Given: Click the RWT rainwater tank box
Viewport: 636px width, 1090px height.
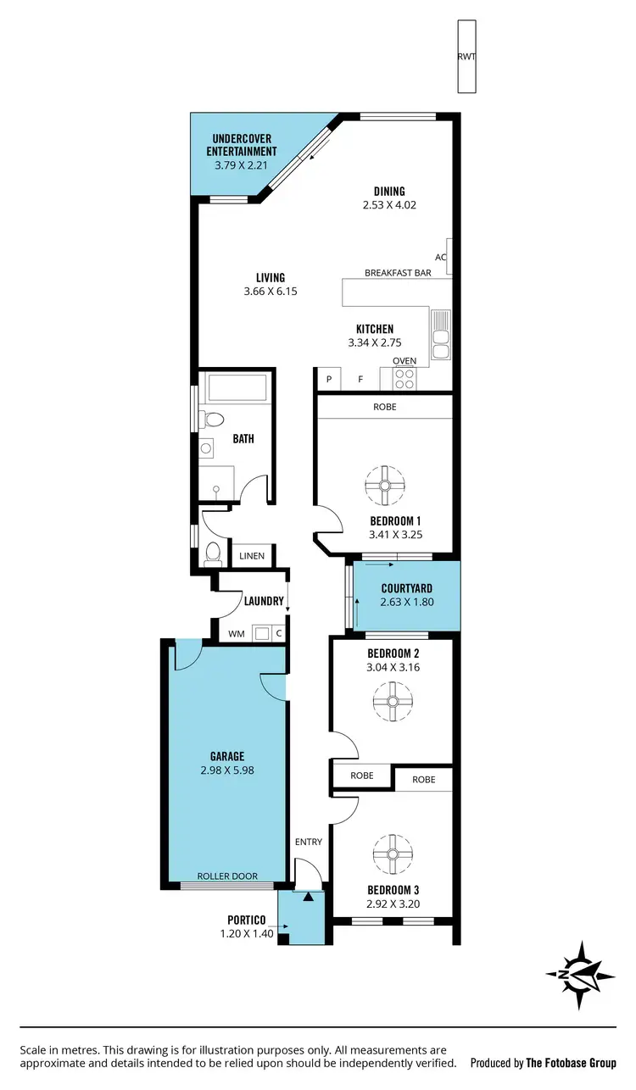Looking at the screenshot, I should (466, 58).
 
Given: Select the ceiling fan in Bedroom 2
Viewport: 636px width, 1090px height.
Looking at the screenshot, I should (391, 702).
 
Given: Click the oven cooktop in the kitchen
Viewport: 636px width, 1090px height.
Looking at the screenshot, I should (404, 377).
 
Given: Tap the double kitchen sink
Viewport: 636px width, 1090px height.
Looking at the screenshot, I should (440, 336).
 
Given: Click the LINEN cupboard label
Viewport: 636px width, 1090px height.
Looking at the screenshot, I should (252, 556).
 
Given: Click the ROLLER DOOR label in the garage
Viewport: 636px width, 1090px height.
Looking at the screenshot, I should (227, 876).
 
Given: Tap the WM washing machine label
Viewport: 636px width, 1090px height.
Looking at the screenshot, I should (235, 633).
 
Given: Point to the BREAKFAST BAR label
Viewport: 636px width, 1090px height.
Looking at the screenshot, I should (398, 273).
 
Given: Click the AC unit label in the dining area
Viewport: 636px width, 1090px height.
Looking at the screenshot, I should (440, 257).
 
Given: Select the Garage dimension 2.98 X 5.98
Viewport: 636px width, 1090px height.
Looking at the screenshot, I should (227, 770).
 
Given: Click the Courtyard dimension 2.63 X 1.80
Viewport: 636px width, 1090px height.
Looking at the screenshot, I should (406, 603).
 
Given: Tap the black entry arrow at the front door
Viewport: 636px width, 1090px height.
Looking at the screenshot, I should (309, 895).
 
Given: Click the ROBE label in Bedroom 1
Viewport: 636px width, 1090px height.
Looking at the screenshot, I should (384, 407).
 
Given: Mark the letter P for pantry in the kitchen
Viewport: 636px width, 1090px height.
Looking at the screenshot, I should (328, 380).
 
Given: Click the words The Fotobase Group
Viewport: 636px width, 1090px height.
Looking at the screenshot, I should (572, 1063).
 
